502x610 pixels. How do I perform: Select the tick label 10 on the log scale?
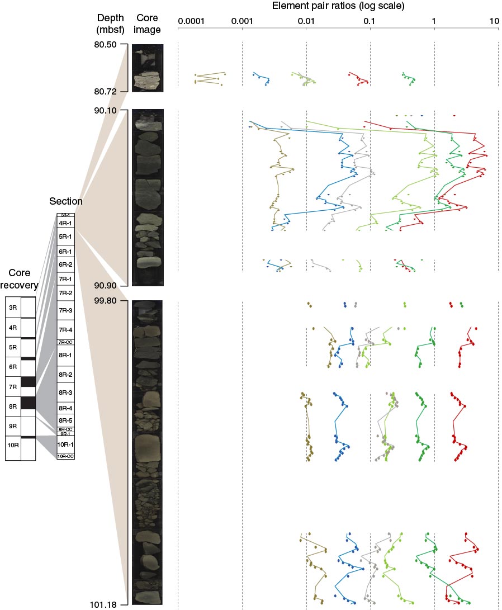click(x=494, y=21)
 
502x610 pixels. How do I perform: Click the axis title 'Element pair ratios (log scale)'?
click(x=338, y=7)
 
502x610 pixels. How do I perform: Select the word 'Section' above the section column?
click(x=66, y=201)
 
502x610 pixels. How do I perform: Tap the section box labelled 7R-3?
click(x=66, y=310)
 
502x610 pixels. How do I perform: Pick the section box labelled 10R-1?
click(x=66, y=445)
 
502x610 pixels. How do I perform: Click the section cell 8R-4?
click(x=66, y=408)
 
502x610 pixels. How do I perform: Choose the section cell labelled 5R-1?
click(x=66, y=237)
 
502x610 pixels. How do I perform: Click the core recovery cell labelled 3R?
click(x=13, y=307)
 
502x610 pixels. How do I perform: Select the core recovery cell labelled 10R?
click(x=13, y=446)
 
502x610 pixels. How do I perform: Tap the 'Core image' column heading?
click(x=148, y=24)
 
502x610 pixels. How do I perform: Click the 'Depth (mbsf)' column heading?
click(x=110, y=24)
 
